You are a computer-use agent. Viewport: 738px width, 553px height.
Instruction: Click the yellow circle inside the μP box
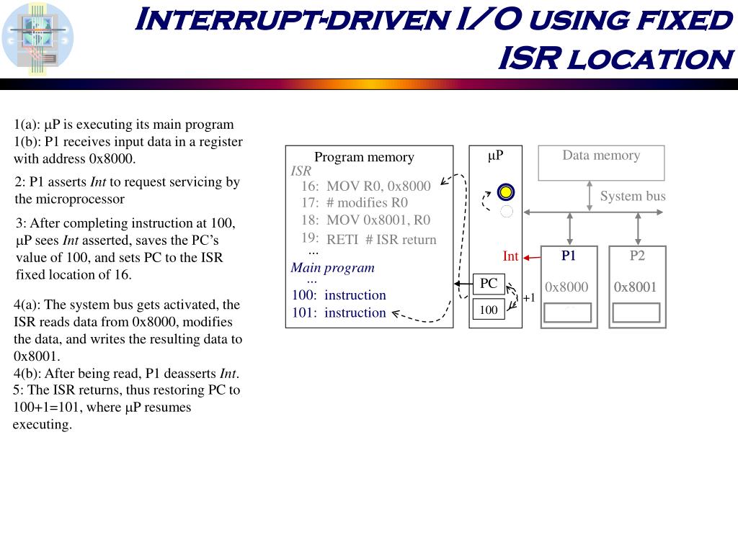(506, 192)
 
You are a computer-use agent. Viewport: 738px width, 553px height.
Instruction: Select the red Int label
(510, 256)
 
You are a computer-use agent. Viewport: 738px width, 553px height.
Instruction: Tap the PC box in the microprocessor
(489, 284)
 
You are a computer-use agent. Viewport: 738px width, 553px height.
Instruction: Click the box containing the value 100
(489, 310)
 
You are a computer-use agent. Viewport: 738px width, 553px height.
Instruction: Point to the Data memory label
(601, 156)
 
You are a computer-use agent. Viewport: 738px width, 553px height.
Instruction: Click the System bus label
(633, 197)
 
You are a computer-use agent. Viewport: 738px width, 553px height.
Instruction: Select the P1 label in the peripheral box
(569, 256)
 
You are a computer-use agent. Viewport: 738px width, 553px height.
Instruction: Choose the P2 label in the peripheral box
(637, 256)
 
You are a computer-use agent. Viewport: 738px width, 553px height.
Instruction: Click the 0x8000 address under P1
(566, 287)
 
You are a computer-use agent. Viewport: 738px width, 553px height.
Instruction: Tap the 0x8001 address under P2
(635, 287)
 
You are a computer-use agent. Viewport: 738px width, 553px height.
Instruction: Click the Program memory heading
(364, 157)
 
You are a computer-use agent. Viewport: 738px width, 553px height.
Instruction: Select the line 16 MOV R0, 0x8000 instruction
(366, 186)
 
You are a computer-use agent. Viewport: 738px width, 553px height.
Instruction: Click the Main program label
(332, 268)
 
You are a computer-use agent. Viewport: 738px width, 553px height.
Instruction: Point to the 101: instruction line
(339, 313)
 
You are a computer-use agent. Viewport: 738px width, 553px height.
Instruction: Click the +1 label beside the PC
(529, 298)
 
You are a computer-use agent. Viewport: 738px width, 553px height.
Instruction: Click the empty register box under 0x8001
(635, 313)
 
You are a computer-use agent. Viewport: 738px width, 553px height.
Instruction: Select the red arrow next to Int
(532, 256)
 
